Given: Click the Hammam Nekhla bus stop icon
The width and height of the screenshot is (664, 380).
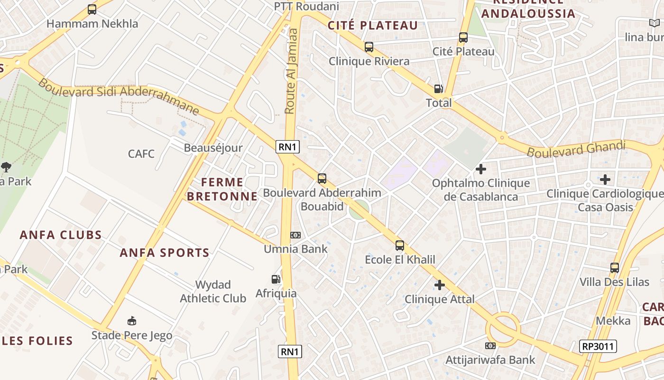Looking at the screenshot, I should click(92, 9).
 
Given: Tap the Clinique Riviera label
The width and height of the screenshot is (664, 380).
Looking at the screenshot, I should click(369, 61).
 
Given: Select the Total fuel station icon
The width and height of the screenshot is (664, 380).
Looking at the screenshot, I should click(438, 89).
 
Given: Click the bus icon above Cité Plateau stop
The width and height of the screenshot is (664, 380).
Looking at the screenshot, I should click(463, 38).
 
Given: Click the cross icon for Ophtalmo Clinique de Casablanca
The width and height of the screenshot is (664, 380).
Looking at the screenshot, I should click(481, 169).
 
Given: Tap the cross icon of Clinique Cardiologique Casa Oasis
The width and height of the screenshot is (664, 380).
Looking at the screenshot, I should click(605, 180).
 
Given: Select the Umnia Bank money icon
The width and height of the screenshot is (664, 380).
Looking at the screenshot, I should click(295, 235).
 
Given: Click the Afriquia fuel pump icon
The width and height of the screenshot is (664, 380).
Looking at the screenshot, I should click(276, 279).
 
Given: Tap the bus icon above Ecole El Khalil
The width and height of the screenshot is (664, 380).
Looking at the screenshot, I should click(400, 246).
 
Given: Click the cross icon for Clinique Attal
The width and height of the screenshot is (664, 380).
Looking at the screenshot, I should click(440, 285).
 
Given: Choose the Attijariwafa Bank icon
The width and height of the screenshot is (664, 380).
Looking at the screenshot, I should click(490, 346).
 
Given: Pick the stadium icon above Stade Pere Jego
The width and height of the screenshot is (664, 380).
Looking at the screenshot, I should click(132, 321).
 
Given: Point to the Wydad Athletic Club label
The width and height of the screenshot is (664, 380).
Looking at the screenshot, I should click(213, 292).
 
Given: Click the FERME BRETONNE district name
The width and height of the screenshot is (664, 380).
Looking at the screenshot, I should click(222, 189).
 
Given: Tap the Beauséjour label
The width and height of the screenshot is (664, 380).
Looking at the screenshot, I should click(213, 148).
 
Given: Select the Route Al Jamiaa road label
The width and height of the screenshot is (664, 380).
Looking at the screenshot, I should click(291, 71).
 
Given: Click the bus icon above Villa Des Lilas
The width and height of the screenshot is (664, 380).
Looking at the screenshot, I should click(615, 267).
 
